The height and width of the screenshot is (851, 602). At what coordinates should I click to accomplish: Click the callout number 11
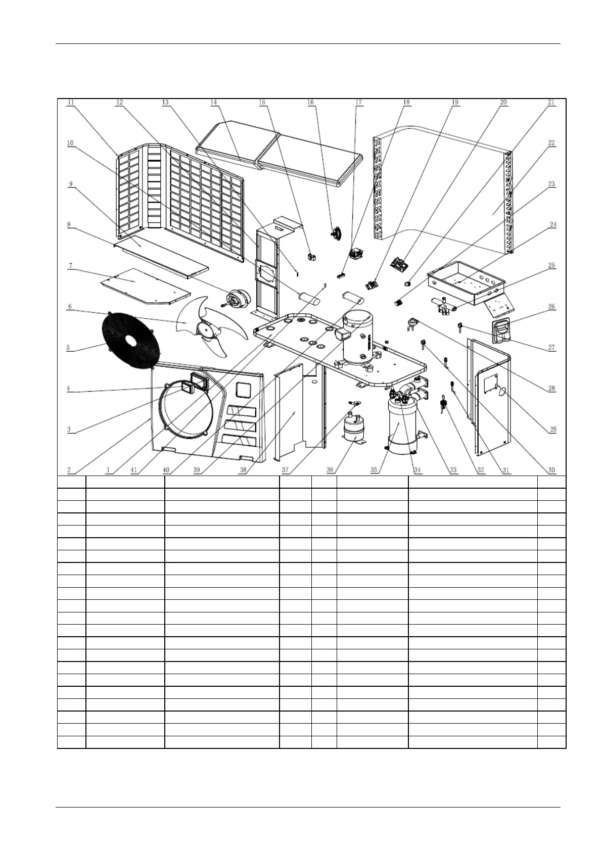[x=71, y=102]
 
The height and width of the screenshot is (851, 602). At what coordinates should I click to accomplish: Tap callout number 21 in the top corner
[x=551, y=102]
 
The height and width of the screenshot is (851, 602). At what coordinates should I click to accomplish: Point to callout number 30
[x=551, y=470]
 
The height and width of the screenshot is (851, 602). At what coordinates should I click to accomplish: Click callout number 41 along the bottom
[x=134, y=470]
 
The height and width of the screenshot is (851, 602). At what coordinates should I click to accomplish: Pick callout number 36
[x=330, y=470]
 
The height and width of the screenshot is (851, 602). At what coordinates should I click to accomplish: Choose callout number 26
[x=551, y=307]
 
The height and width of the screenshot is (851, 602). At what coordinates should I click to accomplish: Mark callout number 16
[x=310, y=102]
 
